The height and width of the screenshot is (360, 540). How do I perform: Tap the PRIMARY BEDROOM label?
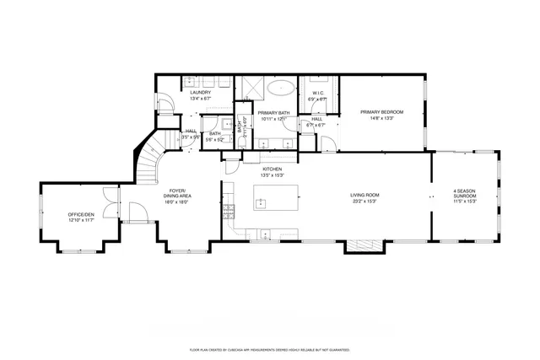381,112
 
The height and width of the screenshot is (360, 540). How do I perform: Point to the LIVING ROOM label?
364,196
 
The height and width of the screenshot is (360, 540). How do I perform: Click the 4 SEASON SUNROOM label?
465,193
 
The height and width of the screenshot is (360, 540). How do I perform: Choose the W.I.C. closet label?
318,94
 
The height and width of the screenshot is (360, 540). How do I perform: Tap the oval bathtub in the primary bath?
280,87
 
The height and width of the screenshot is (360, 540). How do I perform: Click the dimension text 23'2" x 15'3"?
364,201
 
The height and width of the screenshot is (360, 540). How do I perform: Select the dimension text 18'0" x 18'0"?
175,201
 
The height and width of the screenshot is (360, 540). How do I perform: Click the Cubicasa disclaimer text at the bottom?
270,348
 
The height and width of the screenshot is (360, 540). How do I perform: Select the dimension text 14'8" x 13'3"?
381,118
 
